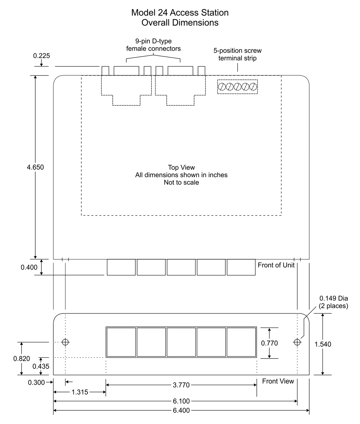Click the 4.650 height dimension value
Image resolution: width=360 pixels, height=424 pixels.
point(35,167)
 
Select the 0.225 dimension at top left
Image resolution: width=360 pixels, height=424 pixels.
point(41,56)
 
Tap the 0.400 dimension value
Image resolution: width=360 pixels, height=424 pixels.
point(29,267)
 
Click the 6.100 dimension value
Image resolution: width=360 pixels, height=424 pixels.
point(181,401)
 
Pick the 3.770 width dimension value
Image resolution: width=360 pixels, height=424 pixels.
point(181,385)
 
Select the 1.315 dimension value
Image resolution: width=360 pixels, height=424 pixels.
point(80,392)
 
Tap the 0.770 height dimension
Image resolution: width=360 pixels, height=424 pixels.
point(269,343)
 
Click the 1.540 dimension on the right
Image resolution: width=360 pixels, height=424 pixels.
point(323,344)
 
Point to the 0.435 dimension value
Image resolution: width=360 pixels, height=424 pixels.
point(41,366)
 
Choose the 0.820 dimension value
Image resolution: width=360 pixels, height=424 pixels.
point(22,358)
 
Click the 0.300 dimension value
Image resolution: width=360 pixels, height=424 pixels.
point(36,383)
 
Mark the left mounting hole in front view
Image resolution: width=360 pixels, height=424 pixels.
point(65,342)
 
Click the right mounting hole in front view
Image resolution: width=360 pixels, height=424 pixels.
point(297,342)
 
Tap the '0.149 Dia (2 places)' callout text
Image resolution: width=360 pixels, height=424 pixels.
point(333,302)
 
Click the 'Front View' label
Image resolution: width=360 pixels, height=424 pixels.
point(278,381)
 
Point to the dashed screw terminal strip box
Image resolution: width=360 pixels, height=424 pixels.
point(238,87)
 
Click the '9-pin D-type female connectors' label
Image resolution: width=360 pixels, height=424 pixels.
point(153,45)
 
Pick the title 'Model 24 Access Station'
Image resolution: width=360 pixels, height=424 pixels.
point(180,13)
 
